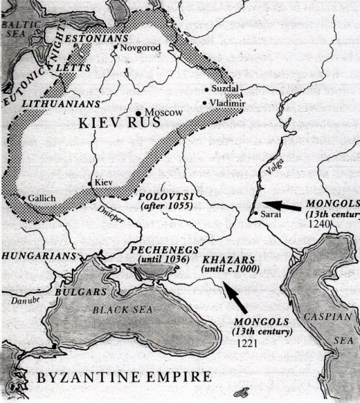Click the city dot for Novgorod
coord(116,47)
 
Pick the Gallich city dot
coord(24,197)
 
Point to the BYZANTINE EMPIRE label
coord(123,377)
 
